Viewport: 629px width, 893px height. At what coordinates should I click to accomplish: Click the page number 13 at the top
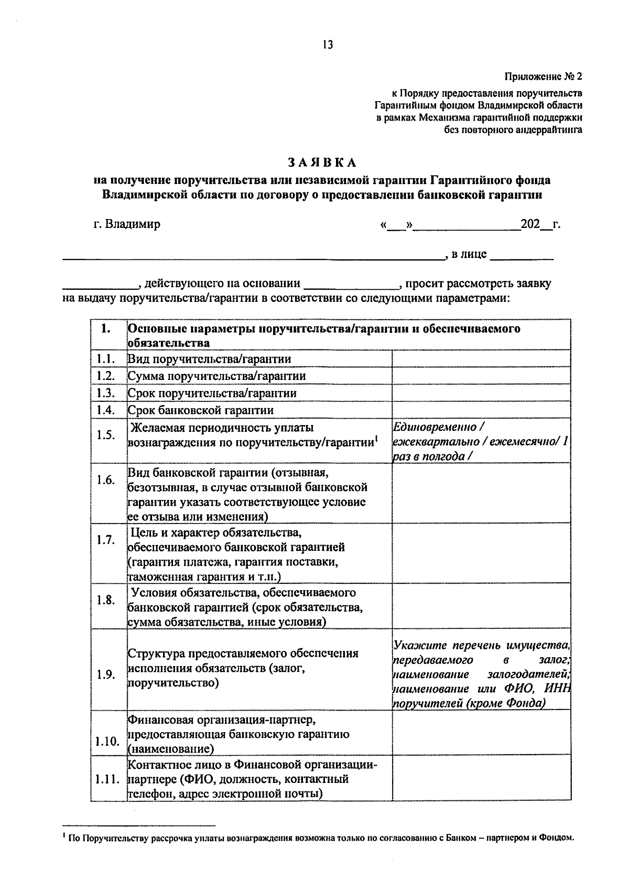click(x=328, y=45)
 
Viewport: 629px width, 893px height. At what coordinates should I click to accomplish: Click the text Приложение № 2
click(x=544, y=77)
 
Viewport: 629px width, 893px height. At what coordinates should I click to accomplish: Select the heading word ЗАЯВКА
click(x=321, y=162)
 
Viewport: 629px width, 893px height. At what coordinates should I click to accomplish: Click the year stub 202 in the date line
click(x=530, y=224)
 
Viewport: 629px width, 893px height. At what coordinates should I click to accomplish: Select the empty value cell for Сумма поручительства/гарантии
click(x=481, y=376)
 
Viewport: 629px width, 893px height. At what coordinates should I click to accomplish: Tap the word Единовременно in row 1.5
click(x=435, y=427)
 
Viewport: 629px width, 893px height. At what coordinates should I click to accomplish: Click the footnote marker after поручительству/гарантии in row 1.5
click(x=376, y=438)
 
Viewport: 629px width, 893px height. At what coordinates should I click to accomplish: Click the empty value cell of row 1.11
click(x=481, y=779)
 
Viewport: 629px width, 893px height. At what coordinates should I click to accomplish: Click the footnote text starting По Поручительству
click(x=320, y=838)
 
